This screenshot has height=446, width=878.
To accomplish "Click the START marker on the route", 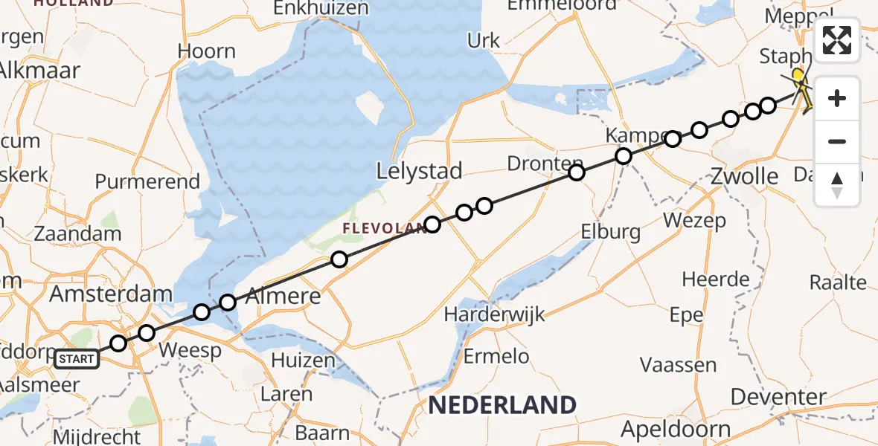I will click(x=77, y=360).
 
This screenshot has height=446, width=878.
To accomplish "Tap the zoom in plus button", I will click(x=837, y=98).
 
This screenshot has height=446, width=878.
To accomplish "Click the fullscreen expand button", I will click(x=837, y=40).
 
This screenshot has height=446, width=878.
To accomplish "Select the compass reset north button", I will click(x=837, y=184).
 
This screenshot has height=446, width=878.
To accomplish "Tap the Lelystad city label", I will click(x=420, y=171).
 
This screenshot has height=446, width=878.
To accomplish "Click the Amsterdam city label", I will click(x=111, y=294).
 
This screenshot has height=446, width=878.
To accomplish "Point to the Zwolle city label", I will click(x=744, y=176).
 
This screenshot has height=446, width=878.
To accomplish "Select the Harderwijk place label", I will click(x=494, y=314).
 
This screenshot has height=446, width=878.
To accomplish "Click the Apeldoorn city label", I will click(x=676, y=429).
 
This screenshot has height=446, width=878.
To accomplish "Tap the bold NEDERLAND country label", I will click(x=502, y=405).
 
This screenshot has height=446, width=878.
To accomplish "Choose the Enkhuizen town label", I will click(x=321, y=8).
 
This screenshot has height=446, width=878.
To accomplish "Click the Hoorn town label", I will click(x=207, y=51).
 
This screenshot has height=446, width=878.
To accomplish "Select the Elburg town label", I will click(x=610, y=232).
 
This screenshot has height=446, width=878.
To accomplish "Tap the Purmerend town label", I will click(x=148, y=181).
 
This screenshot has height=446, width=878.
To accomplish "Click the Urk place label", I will click(x=484, y=40).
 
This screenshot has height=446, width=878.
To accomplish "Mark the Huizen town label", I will click(x=303, y=361).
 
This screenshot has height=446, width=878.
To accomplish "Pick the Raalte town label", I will click(x=839, y=282).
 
